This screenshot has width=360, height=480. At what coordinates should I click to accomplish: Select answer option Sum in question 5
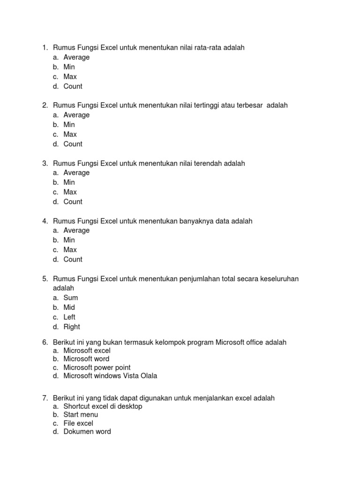71,298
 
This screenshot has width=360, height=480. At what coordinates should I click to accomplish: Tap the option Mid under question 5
69,307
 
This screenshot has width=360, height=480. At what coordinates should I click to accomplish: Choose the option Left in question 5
69,317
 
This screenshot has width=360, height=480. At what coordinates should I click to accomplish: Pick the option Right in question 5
72,327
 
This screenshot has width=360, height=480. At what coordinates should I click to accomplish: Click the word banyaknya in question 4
196,221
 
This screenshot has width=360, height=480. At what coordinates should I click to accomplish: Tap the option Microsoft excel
87,351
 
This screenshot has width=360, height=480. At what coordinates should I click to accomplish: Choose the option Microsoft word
86,359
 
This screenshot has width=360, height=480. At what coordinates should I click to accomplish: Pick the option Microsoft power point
97,367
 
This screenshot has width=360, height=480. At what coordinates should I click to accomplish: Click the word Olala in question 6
148,376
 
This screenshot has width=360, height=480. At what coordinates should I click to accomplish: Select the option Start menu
81,415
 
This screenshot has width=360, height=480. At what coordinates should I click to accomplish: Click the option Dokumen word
87,432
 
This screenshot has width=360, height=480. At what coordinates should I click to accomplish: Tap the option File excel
79,423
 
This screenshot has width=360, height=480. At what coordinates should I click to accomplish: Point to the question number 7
45,398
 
